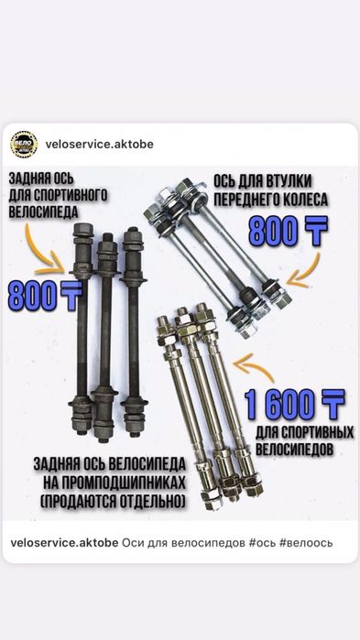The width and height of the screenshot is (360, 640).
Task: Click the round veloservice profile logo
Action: (25, 145)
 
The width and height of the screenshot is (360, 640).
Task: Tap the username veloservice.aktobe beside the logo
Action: (98, 145)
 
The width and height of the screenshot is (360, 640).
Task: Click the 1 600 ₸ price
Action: (294, 403)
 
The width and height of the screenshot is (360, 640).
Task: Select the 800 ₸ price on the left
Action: (42, 295)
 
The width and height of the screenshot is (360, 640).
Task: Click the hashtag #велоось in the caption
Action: (303, 543)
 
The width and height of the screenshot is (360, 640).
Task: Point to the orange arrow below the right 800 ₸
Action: (302, 272)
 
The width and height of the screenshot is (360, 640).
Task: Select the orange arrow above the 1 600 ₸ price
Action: (256, 368)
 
